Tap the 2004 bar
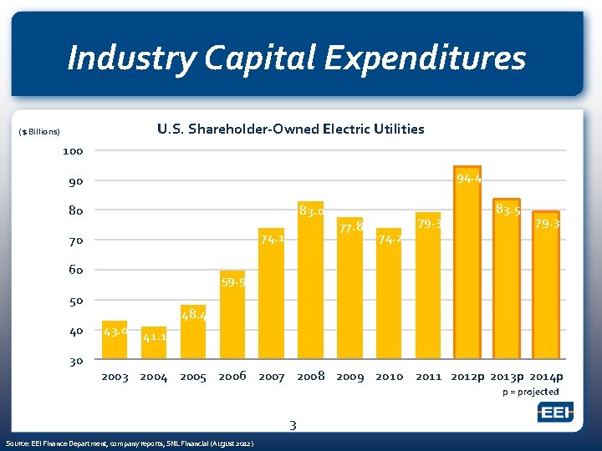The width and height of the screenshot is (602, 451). (154, 343)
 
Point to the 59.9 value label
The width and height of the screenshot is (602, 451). (233, 282)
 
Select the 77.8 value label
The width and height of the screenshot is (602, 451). (350, 226)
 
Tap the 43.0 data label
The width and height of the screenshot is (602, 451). (114, 331)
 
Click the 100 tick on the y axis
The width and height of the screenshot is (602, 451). (73, 151)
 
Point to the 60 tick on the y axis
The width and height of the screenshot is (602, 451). (75, 271)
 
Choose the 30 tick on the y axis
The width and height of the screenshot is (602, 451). (75, 361)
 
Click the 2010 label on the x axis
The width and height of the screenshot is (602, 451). (389, 377)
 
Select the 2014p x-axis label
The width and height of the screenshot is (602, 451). (548, 377)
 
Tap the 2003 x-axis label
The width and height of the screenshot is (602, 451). (115, 377)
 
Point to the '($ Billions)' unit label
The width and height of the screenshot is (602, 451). (39, 132)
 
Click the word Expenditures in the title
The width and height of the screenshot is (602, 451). (424, 58)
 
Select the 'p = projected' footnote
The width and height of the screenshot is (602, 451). (530, 392)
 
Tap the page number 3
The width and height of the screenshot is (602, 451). (293, 426)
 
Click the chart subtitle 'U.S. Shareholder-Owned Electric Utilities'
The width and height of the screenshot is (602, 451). (290, 129)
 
